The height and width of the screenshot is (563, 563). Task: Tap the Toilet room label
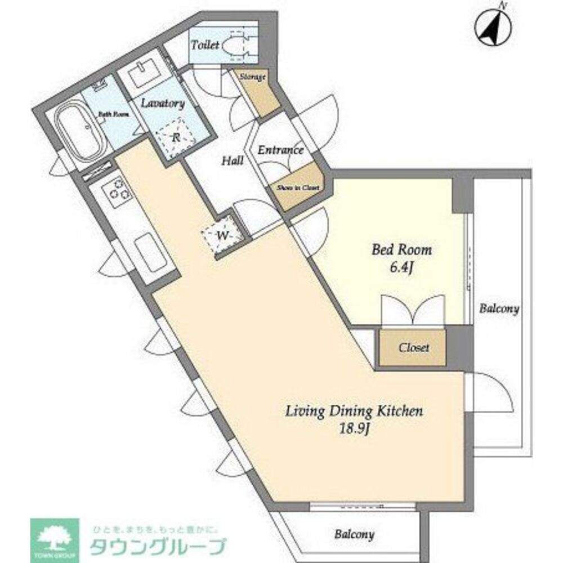204,45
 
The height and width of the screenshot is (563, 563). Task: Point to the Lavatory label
163,104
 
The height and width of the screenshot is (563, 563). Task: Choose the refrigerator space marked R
175,136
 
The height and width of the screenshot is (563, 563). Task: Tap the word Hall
232,161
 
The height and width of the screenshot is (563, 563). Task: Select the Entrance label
280,150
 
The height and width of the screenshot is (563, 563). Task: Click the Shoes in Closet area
297,187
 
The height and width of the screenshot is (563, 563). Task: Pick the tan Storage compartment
258,90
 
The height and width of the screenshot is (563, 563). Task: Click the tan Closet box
413,347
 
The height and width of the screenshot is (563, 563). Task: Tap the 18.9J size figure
354,430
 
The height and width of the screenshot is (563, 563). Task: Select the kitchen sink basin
149,252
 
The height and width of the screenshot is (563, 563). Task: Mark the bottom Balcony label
354,534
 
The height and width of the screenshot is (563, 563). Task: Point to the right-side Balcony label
499,309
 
